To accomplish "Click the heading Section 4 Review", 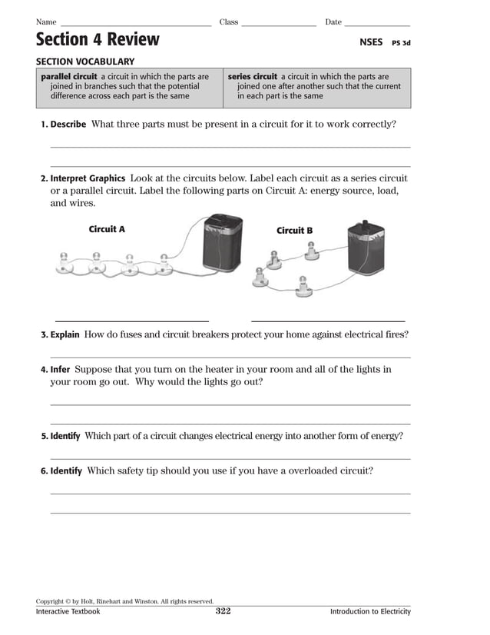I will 98,40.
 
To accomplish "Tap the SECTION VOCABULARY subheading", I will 85,62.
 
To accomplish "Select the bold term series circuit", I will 252,77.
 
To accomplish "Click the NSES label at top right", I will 370,42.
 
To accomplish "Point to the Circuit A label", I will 107,229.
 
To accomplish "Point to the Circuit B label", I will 294,231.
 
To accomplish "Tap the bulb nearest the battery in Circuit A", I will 164,261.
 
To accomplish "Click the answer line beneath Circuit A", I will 131,321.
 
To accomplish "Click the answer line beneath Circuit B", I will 328,321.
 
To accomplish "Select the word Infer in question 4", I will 60,370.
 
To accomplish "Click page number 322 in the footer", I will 223,611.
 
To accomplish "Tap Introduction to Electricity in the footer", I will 370,612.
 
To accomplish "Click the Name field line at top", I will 135,25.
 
